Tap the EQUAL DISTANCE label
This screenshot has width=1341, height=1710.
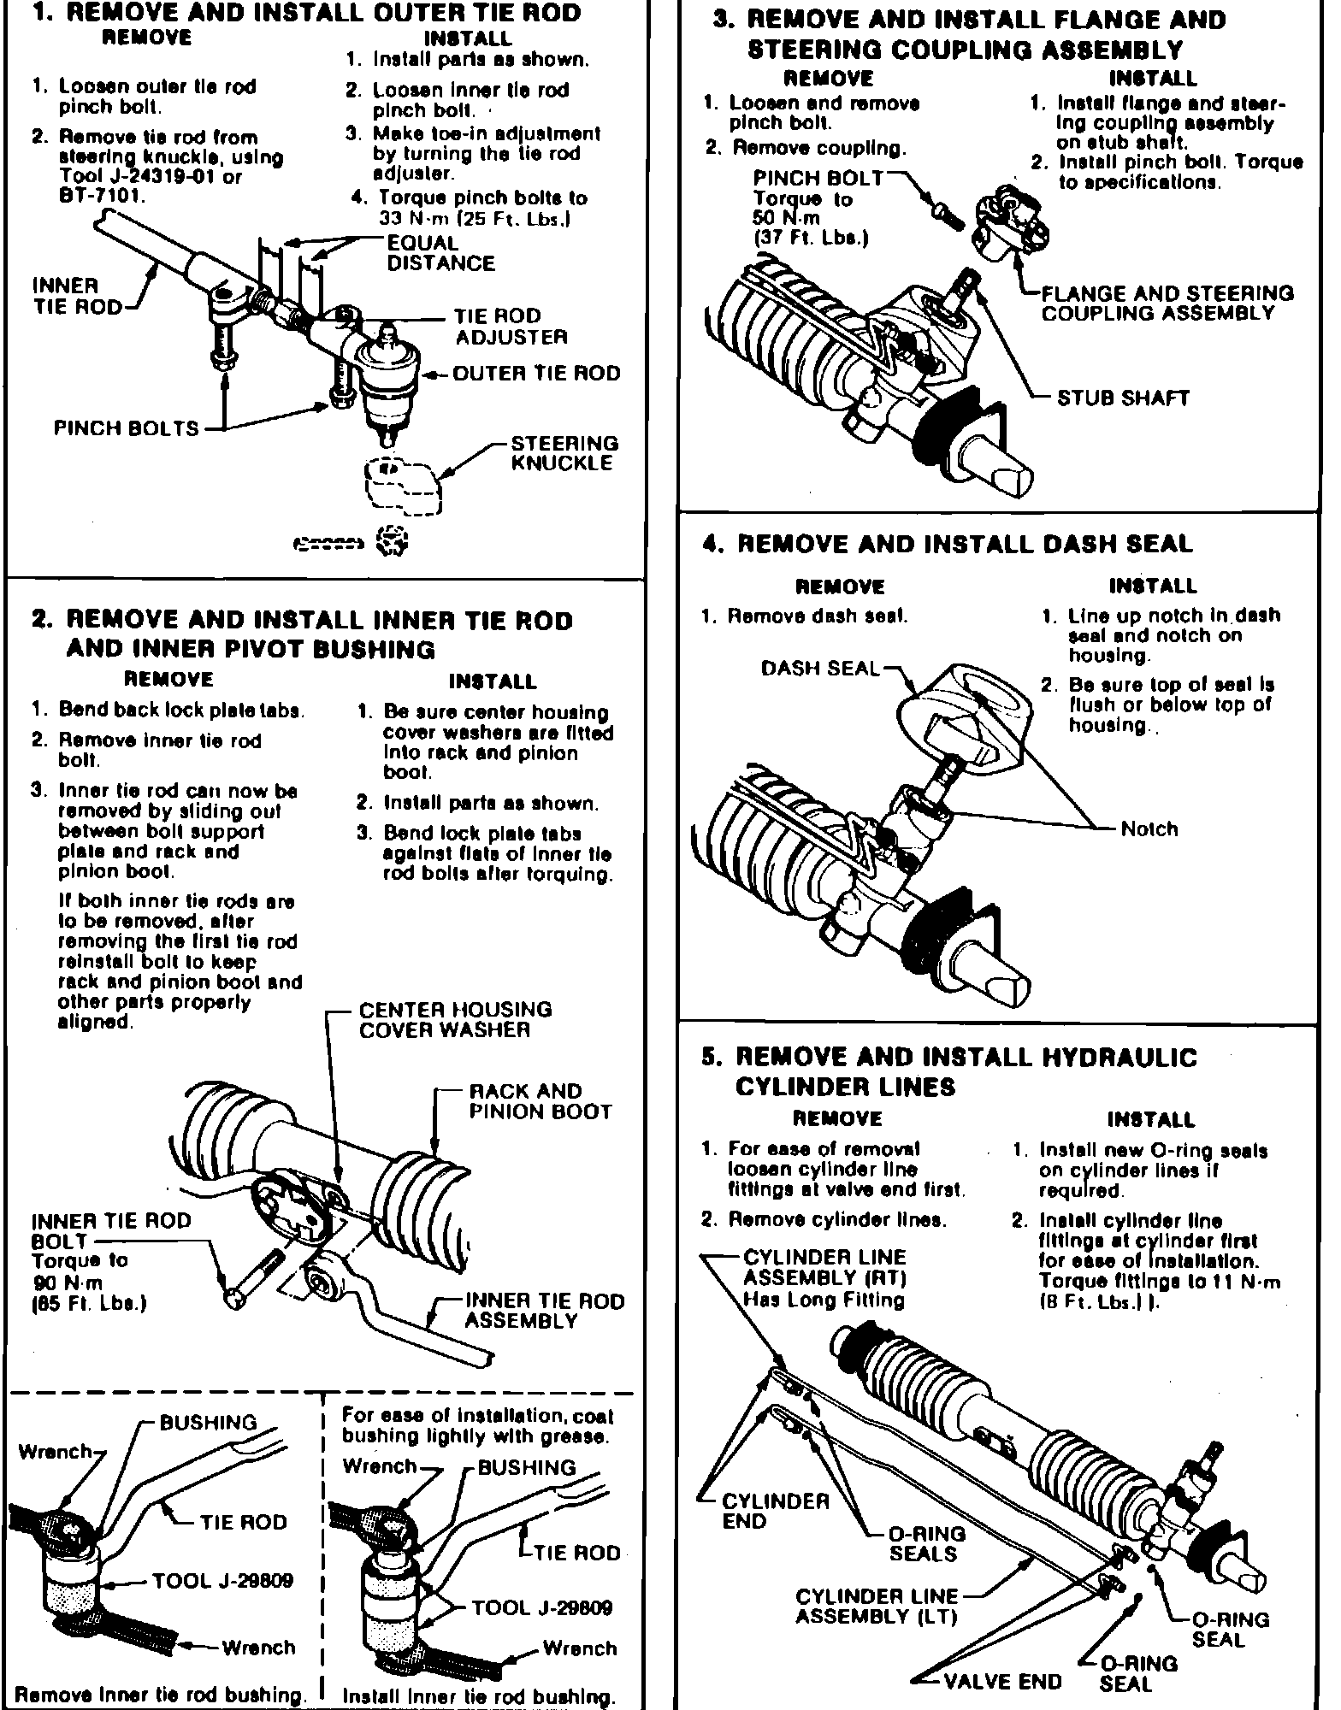pyautogui.click(x=440, y=253)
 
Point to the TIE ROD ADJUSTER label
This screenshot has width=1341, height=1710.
pyautogui.click(x=511, y=327)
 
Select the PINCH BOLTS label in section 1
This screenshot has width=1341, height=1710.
pyautogui.click(x=126, y=428)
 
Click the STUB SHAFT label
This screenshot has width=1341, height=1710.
pyautogui.click(x=1122, y=398)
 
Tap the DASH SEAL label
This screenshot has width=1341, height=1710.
pyautogui.click(x=819, y=668)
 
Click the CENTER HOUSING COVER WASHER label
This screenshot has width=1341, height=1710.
pyautogui.click(x=455, y=1019)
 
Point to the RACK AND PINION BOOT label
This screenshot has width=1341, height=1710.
pyautogui.click(x=541, y=1101)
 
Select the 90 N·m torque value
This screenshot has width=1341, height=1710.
pyautogui.click(x=67, y=1282)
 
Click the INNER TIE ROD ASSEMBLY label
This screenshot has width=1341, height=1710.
pyautogui.click(x=544, y=1311)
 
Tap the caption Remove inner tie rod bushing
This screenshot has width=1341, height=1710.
pyautogui.click(x=161, y=1695)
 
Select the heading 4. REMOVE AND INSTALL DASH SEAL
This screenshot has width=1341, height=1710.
pyautogui.click(x=947, y=545)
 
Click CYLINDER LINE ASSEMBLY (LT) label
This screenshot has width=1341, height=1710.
pyautogui.click(x=877, y=1607)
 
